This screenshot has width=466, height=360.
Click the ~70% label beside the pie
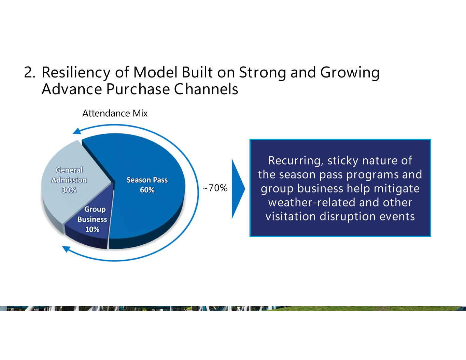tap(215, 188)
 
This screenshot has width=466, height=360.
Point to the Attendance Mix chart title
tap(115, 113)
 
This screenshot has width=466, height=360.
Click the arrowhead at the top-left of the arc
tap(77, 131)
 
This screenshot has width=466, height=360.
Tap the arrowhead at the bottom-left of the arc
tap(66, 249)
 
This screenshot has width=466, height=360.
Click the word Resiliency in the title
tap(76, 73)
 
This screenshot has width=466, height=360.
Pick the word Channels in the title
tap(206, 89)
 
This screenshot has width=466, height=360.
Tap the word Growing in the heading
tap(350, 73)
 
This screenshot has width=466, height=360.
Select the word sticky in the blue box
tap(343, 161)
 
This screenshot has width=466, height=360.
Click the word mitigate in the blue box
tap(397, 189)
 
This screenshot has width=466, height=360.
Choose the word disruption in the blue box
tap(348, 216)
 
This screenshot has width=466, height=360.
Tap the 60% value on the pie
tap(147, 190)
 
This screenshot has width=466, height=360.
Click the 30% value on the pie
tap(69, 190)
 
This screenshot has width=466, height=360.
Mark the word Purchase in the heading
tap(138, 89)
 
